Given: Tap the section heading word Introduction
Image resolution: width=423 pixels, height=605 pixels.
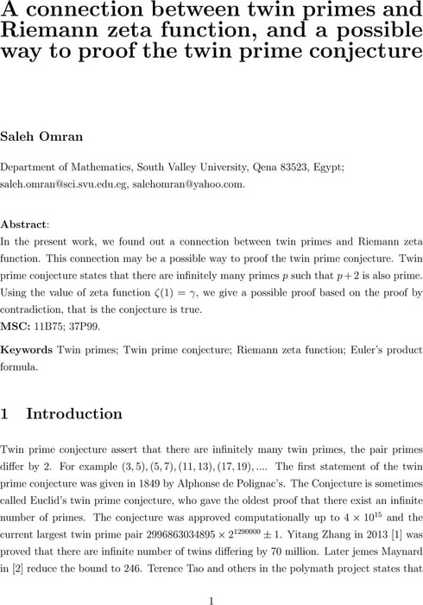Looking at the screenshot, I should (x=75, y=414).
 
